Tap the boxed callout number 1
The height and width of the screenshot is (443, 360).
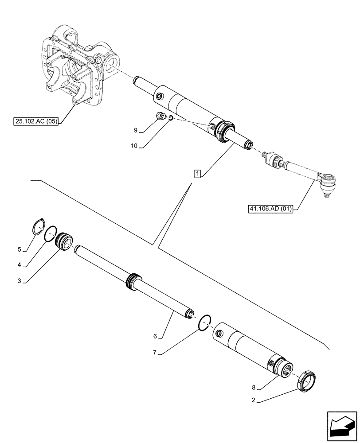tap(196, 173)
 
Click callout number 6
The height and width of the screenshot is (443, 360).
tap(155, 337)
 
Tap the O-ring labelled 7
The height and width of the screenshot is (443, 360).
tap(204, 322)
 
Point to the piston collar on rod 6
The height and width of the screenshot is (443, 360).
tap(133, 282)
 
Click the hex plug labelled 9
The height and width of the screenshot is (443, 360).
tap(161, 116)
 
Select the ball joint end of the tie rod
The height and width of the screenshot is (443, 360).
tap(329, 182)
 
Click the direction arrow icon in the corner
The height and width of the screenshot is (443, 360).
tap(342, 426)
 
